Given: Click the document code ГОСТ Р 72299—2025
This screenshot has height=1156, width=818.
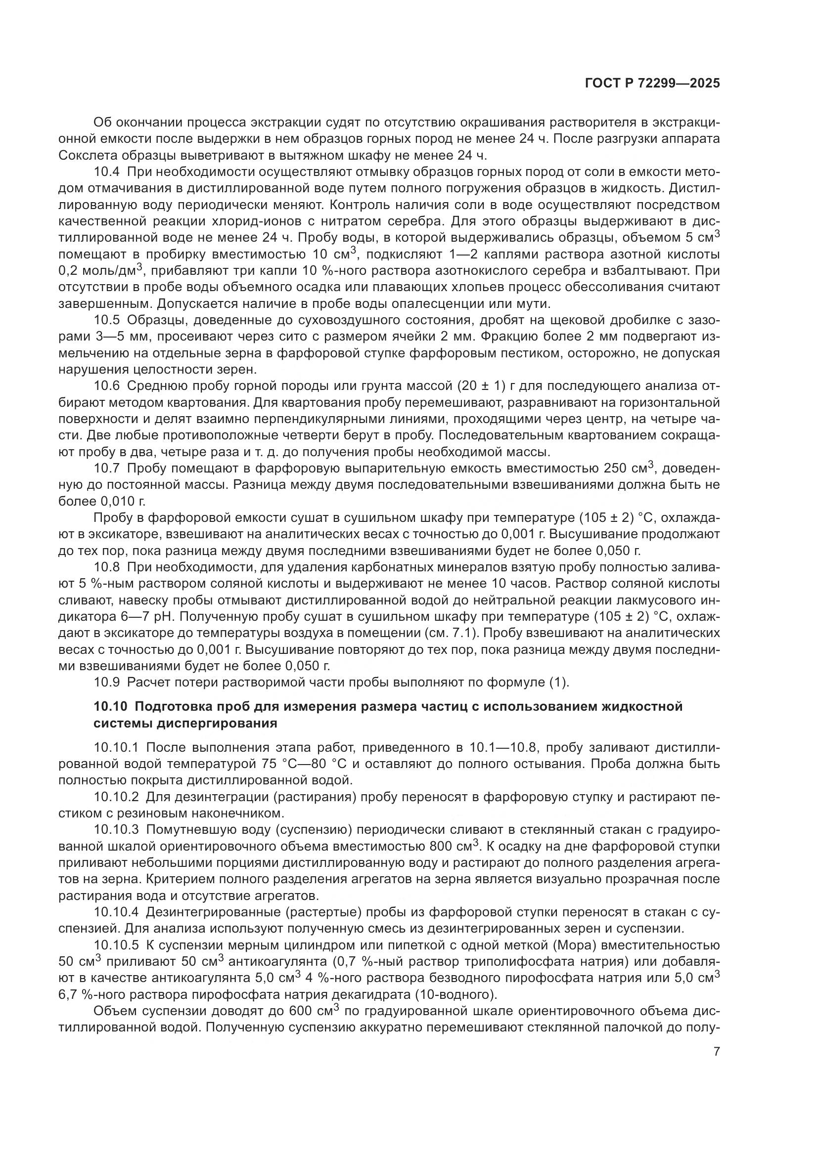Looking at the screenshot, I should click(652, 84).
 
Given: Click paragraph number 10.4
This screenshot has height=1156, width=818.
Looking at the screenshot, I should click(106, 171).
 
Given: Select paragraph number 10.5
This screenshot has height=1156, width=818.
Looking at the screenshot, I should click(106, 320).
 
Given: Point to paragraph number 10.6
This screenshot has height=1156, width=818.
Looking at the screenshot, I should click(106, 386).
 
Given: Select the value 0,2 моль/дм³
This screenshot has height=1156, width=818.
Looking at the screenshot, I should click(101, 271).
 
